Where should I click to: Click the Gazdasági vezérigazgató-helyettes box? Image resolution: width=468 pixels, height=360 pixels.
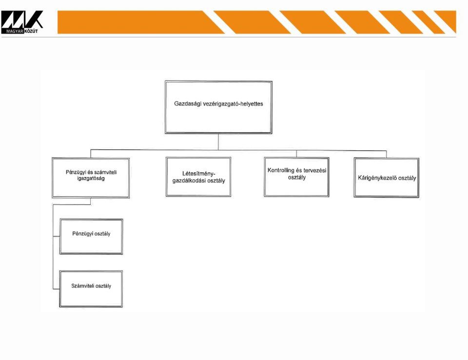click(x=218, y=107)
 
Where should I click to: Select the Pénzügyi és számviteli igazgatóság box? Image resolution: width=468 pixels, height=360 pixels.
click(x=91, y=178)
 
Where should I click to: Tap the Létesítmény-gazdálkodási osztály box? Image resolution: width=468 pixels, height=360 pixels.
click(x=198, y=177)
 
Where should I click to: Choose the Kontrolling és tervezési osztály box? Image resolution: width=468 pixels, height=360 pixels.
click(x=297, y=177)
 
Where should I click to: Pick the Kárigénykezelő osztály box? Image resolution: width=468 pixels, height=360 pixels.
click(x=387, y=178)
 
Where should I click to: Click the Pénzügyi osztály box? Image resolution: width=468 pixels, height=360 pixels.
click(x=91, y=237)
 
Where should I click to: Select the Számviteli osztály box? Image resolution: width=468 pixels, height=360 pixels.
click(x=91, y=289)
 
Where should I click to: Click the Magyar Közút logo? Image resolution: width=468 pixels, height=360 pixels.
click(x=22, y=22)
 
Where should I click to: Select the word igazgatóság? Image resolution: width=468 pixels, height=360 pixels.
click(x=91, y=179)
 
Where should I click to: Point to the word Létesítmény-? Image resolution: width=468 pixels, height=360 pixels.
click(x=199, y=173)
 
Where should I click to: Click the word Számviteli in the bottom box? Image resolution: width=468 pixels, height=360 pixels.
click(x=81, y=286)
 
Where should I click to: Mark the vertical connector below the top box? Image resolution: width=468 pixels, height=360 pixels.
click(x=218, y=141)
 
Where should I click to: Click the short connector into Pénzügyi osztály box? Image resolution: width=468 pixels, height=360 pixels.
click(x=56, y=236)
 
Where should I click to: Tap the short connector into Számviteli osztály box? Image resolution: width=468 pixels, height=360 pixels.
click(x=56, y=289)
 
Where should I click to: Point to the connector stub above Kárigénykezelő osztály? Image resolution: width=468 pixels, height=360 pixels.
click(x=387, y=155)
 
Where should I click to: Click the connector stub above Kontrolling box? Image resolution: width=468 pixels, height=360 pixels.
click(x=297, y=154)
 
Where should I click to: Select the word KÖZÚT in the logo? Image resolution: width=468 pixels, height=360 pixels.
click(x=31, y=31)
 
